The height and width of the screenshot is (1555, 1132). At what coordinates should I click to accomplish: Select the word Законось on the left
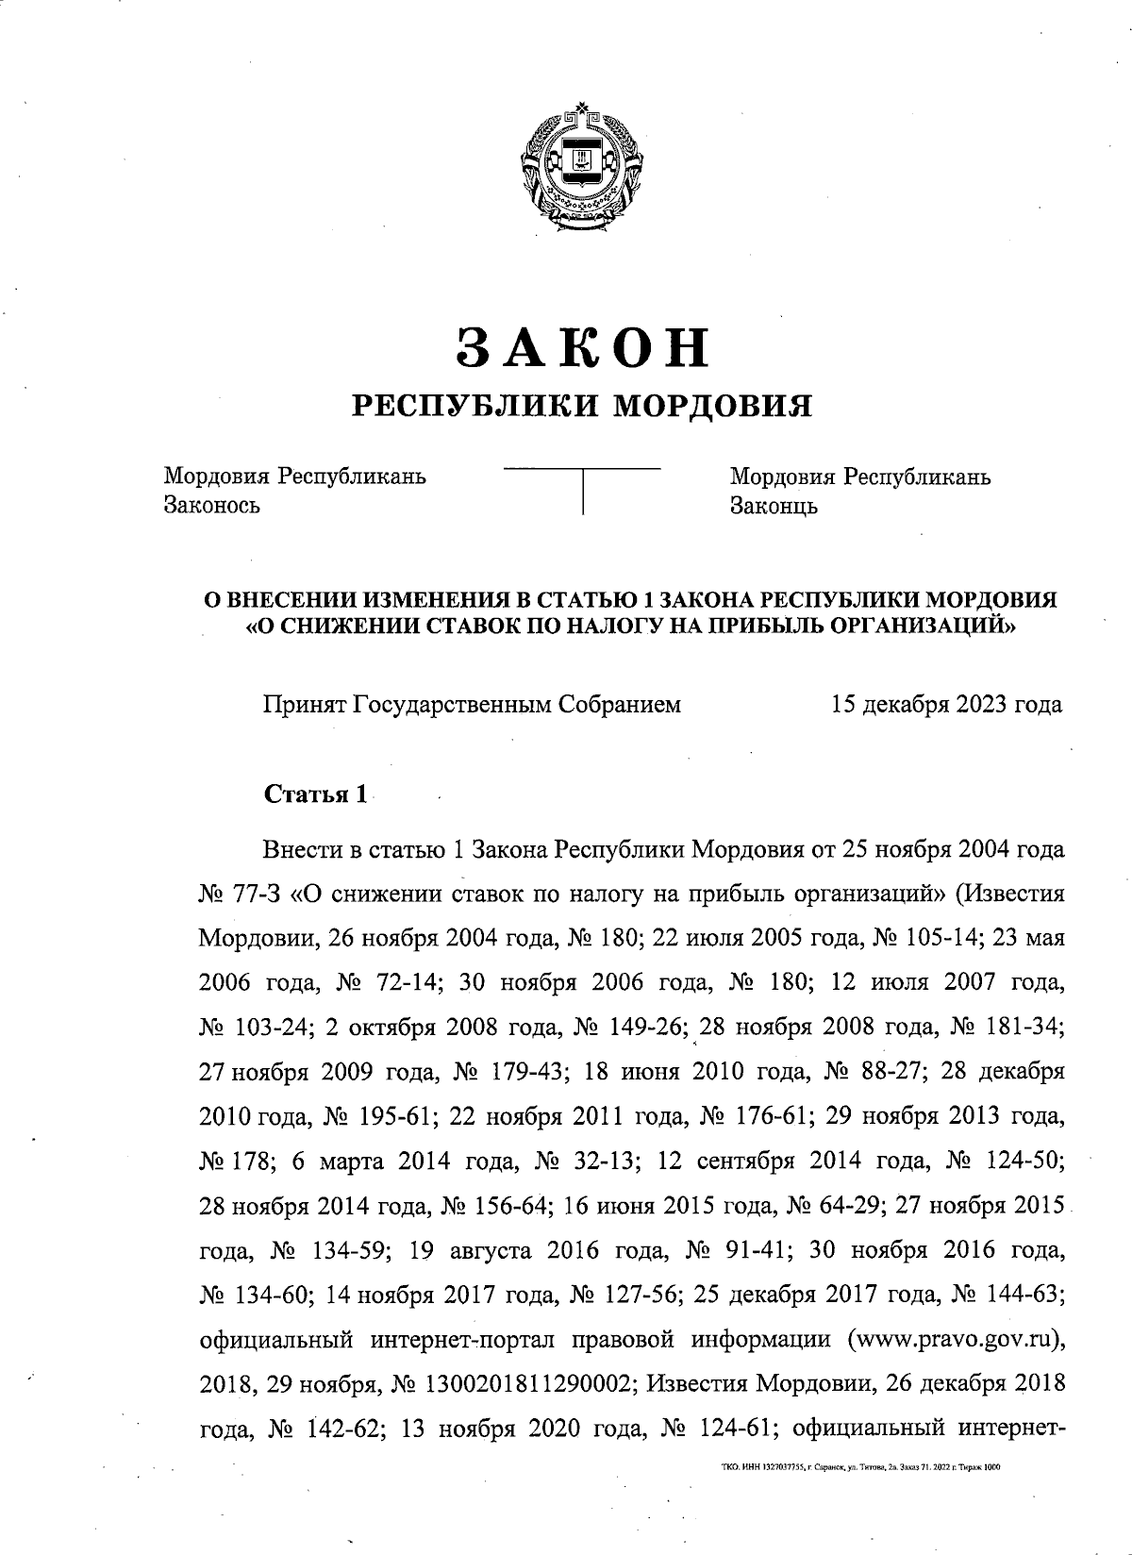point(211,505)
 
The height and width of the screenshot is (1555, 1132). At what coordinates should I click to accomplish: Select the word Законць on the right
point(774,506)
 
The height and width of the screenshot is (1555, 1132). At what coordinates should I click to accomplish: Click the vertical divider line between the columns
point(583,490)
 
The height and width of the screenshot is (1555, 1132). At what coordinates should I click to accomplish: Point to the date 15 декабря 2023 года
point(946,704)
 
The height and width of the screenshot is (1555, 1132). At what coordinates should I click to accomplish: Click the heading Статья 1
point(315,794)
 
